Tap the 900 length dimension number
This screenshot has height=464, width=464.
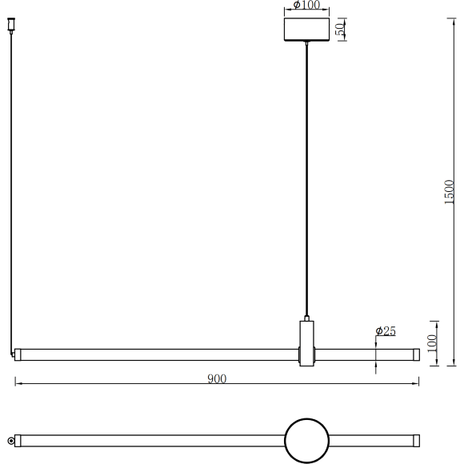pos(217,378)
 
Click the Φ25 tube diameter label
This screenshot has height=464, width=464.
pos(386,331)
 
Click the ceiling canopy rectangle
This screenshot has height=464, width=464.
pos(306,29)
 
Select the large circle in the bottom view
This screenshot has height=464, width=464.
pos(306,441)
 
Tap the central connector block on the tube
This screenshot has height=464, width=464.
pos(306,344)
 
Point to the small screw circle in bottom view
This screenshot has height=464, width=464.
pos(11,441)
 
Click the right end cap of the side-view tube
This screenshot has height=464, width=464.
pos(415,354)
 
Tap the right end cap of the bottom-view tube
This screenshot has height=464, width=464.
pos(415,441)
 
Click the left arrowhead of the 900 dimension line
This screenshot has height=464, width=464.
pos(18,385)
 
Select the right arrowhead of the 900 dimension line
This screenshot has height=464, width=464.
pos(417,385)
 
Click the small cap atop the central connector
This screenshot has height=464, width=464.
pos(306,318)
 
